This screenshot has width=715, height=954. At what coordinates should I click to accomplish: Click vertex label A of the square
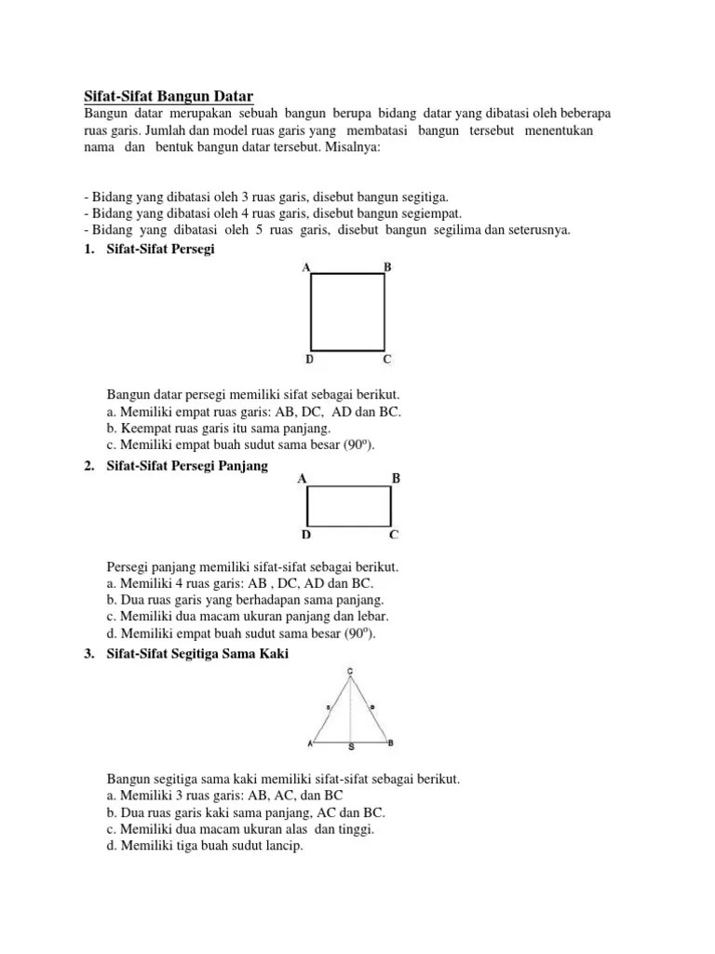pos(306,267)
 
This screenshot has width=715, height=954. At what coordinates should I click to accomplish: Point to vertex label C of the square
pos(387,359)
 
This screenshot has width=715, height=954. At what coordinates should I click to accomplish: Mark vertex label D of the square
pos(309,359)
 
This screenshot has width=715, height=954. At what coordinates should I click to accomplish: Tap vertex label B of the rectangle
pos(396,479)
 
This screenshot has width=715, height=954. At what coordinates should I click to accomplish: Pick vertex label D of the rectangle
pos(305,536)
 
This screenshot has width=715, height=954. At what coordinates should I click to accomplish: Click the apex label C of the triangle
pos(350,672)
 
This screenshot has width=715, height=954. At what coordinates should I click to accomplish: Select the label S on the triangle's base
pos(351,748)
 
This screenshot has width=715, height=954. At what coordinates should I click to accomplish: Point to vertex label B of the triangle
pos(391,743)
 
